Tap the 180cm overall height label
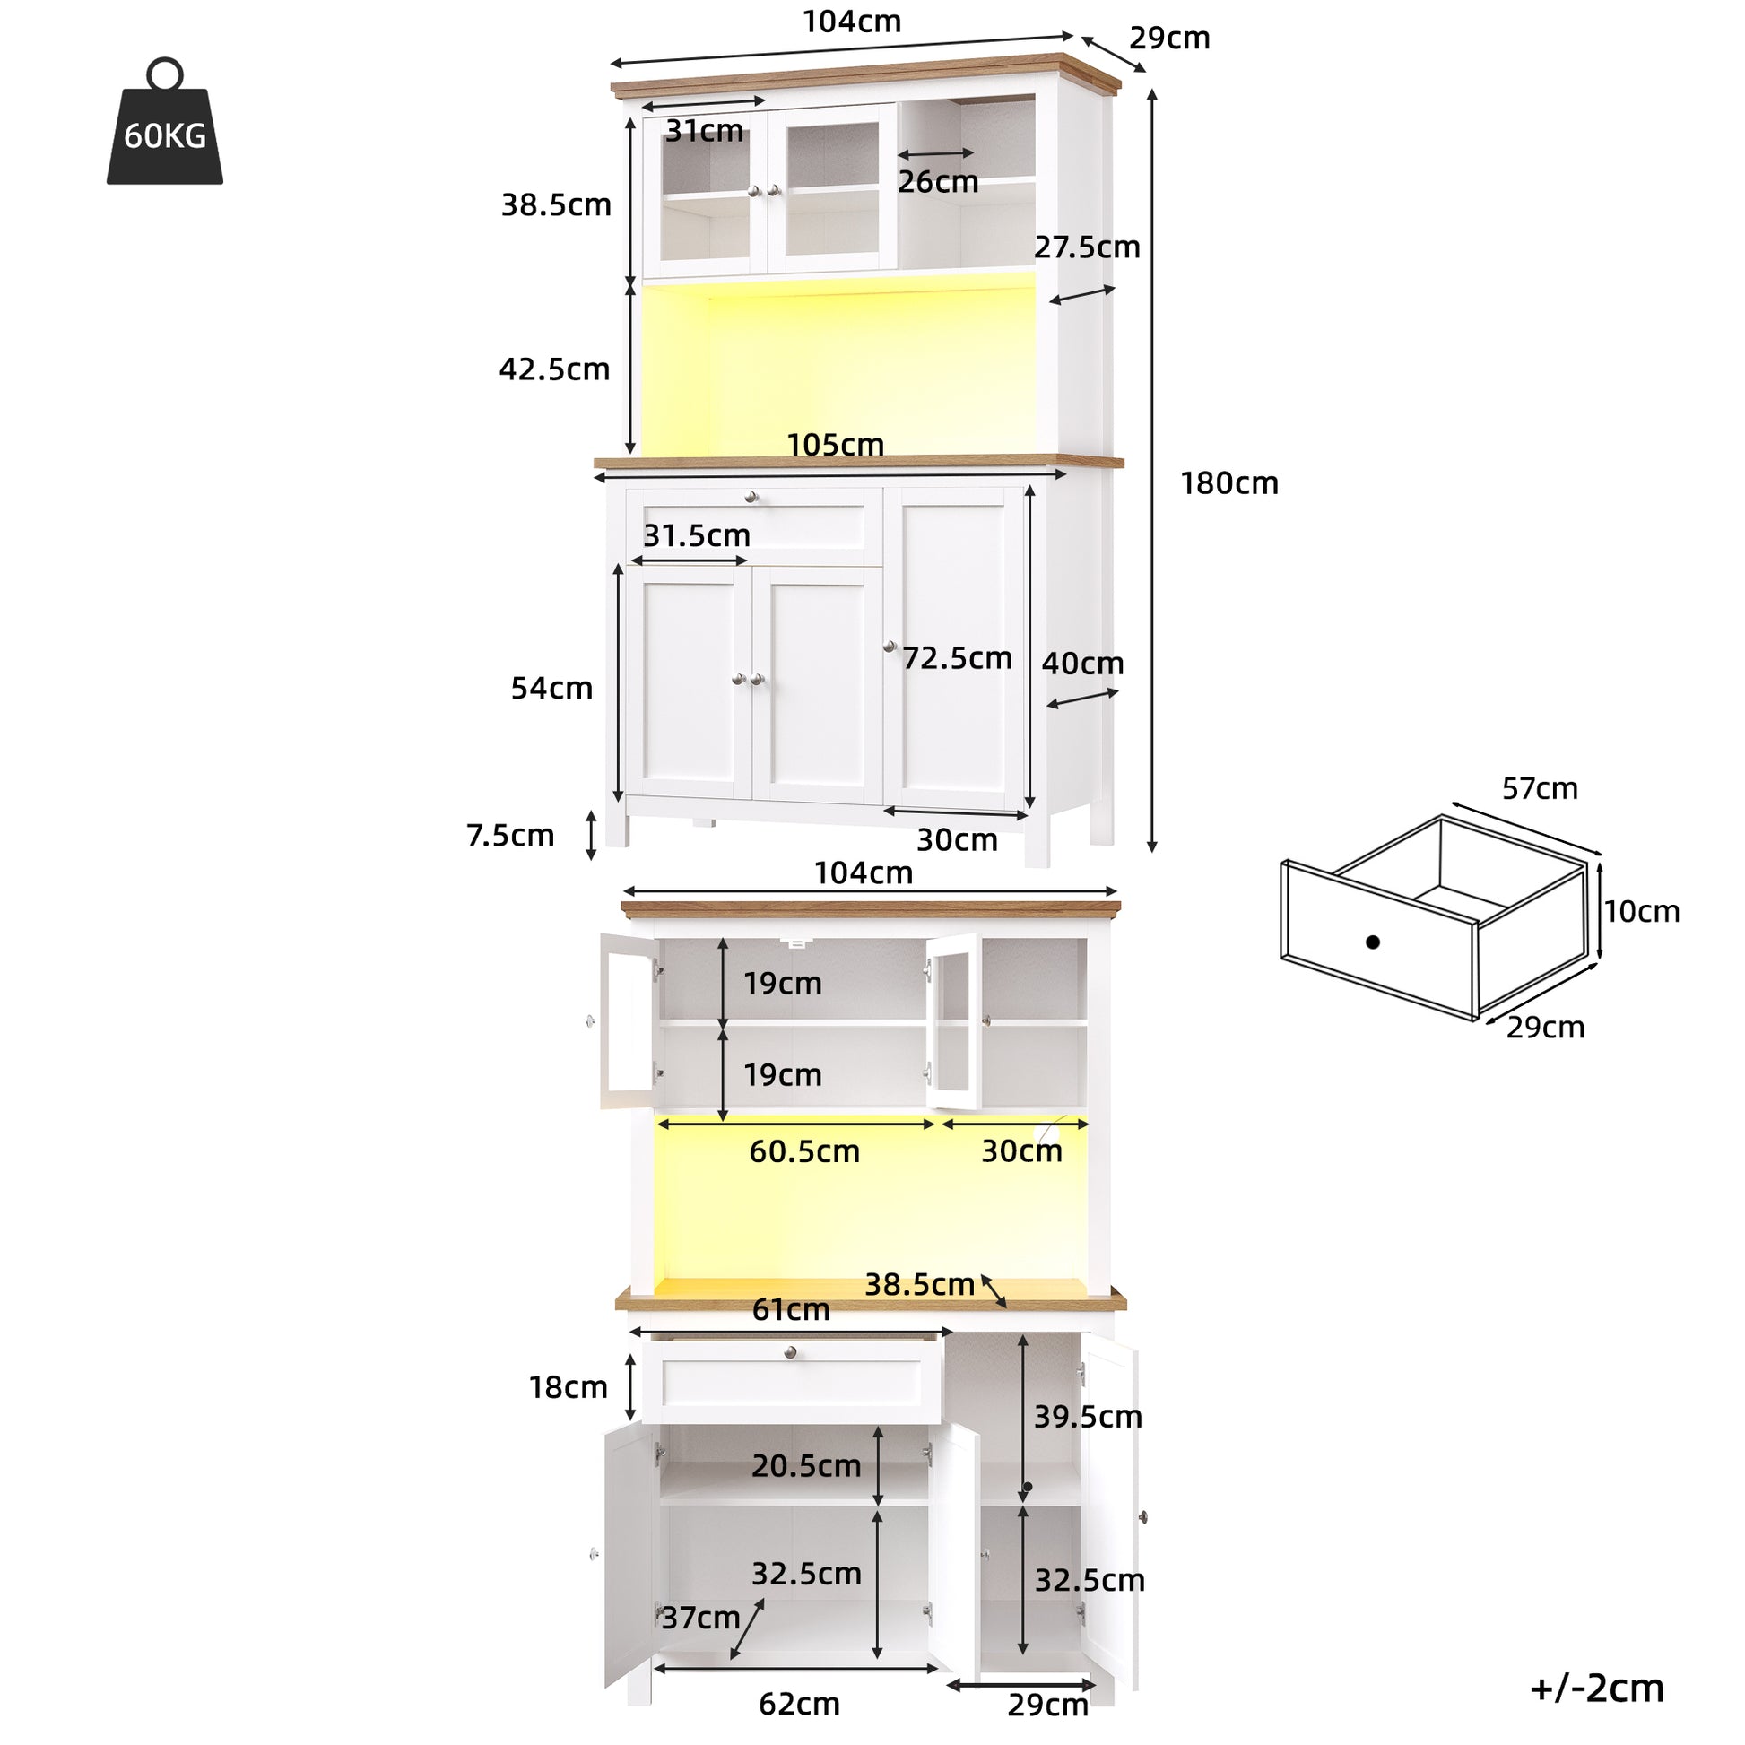click(x=1229, y=484)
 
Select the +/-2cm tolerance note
click(x=1597, y=1689)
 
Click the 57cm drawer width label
click(x=1540, y=788)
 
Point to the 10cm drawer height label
click(x=1642, y=911)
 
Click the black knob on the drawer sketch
click(x=1373, y=942)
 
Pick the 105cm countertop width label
click(x=836, y=445)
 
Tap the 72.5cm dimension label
click(x=958, y=658)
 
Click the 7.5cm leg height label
click(x=510, y=836)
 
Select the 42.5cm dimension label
click(x=554, y=369)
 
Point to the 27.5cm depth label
click(x=1088, y=247)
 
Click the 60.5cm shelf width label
click(x=804, y=1151)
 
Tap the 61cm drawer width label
click(x=791, y=1310)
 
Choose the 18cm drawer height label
click(x=569, y=1387)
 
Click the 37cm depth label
click(x=701, y=1617)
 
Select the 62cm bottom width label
click(x=799, y=1704)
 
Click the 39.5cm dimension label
click(x=1089, y=1416)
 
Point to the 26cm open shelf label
click(x=939, y=181)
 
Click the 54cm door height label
click(x=551, y=689)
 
